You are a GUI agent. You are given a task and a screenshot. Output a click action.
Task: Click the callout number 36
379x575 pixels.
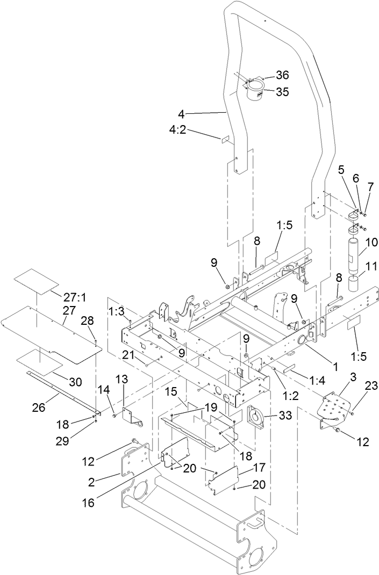point(282,75)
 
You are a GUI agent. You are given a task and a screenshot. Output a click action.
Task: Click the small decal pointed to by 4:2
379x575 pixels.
point(225,139)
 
